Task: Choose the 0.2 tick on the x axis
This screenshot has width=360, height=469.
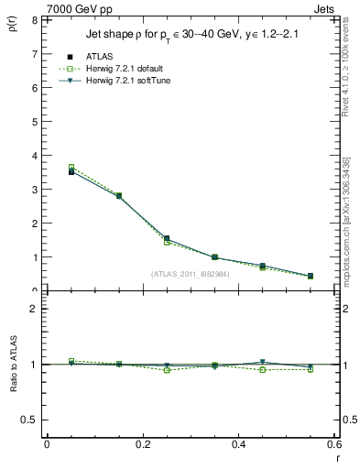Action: click(x=142, y=444)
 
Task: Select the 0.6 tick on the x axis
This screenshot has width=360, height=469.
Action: click(x=333, y=444)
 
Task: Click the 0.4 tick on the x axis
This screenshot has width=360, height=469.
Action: click(x=238, y=444)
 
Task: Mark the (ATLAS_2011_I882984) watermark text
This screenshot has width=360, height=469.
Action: click(x=190, y=274)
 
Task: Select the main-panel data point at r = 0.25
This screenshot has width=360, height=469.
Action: click(x=167, y=239)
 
